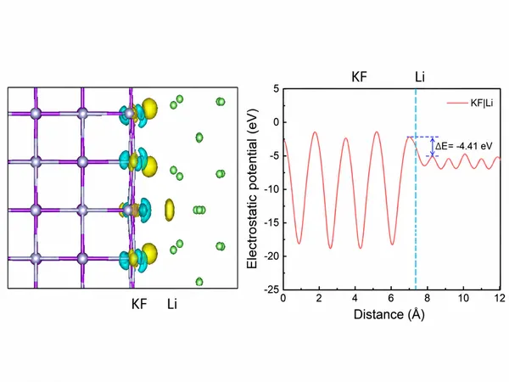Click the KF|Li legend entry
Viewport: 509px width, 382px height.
point(470,104)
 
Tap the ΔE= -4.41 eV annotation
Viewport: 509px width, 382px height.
point(463,146)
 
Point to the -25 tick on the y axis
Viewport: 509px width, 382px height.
point(271,289)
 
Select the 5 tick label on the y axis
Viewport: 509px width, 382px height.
point(277,88)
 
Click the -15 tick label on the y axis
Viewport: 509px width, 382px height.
point(271,222)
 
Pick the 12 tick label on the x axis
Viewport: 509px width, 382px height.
point(500,298)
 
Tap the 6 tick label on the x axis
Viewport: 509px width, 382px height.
point(391,298)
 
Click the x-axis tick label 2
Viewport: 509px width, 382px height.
point(319,298)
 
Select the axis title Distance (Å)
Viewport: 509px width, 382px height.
point(389,314)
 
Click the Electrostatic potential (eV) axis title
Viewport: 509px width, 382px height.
point(252,188)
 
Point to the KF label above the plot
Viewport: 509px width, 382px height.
point(359,77)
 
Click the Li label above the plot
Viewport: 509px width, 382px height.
point(420,77)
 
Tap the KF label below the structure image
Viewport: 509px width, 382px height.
point(139,305)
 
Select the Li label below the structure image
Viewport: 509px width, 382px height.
point(172,305)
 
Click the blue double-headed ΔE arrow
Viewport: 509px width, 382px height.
point(433,147)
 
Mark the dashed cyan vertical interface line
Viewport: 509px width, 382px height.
point(416,189)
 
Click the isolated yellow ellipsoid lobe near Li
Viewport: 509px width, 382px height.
point(170,210)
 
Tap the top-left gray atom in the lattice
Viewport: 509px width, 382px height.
point(36,114)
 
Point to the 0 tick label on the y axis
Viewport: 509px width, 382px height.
point(277,122)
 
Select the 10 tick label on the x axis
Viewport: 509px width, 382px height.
point(463,298)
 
